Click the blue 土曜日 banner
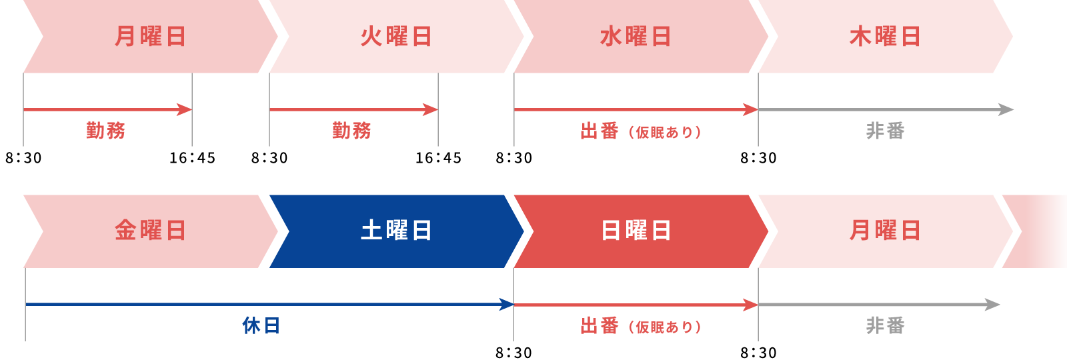[396, 231]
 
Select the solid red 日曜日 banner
[641, 231]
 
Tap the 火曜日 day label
[396, 37]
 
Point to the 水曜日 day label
[636, 37]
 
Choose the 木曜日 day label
[885, 37]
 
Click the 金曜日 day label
[150, 231]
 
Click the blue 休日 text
[261, 326]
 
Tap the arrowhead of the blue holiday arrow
[506, 304]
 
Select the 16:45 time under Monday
[193, 158]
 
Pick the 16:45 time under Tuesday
[438, 158]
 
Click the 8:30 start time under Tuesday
[269, 158]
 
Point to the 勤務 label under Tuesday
[351, 131]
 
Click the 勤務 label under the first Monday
[105, 131]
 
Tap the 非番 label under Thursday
[885, 131]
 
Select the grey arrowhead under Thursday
[1006, 109]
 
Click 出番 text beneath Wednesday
[600, 131]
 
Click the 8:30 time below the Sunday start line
[514, 353]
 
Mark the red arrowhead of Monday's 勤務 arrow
[184, 109]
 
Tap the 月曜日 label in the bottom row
[885, 231]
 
